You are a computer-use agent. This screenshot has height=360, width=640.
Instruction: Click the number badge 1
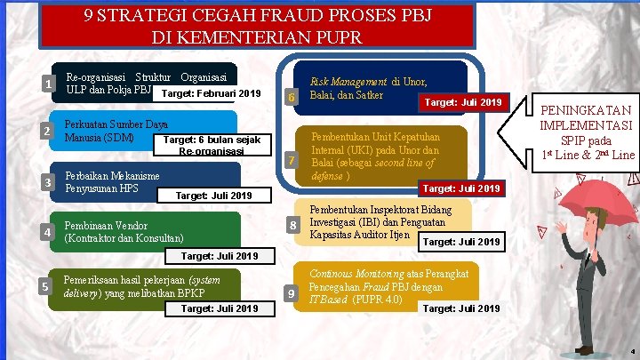pyautogui.click(x=46, y=85)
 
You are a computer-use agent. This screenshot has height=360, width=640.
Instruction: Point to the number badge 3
pyautogui.click(x=46, y=183)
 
